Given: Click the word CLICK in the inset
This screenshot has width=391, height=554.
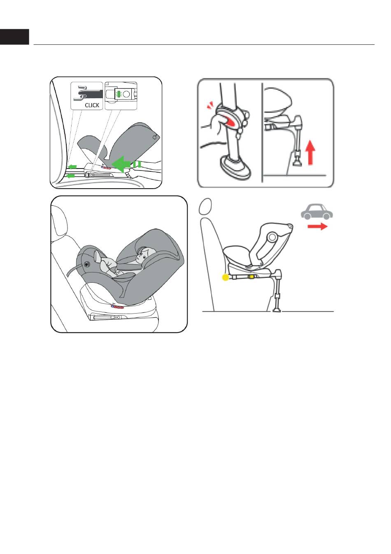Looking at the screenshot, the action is (x=92, y=105).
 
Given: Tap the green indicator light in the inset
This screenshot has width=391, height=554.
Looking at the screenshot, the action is (x=119, y=94).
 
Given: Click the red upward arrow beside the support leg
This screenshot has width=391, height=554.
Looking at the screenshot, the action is (x=310, y=152).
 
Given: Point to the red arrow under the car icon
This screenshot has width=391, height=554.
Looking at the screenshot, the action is (x=317, y=226).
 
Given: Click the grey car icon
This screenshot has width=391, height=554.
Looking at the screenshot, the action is (x=317, y=212).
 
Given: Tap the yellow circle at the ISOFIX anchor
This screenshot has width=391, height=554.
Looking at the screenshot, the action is (x=226, y=277).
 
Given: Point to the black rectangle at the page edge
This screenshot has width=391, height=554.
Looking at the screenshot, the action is (x=14, y=37).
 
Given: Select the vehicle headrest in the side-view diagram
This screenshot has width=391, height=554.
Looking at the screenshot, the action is (x=205, y=206).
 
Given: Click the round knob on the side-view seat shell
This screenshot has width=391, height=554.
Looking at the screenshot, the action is (x=272, y=237).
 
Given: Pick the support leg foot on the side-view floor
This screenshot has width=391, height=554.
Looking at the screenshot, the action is (x=276, y=309).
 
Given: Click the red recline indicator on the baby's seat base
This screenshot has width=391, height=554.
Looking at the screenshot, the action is (x=117, y=307).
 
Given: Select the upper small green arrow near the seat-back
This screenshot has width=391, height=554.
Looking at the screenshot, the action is (x=72, y=166).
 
